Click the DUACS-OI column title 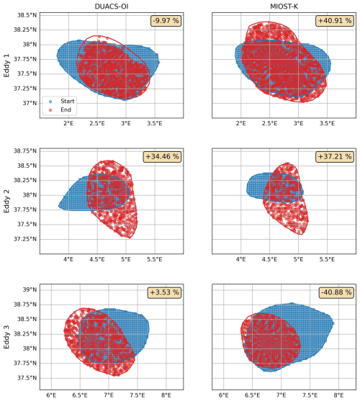point(112,6)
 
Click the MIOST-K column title point(284,6)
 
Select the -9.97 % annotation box point(166,21)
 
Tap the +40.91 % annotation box point(335,21)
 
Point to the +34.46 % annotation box point(162,156)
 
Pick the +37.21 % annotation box point(335,156)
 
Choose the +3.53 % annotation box point(164,292)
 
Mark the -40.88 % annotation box point(336,292)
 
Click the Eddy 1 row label point(6,66)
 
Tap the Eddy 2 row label point(6,201)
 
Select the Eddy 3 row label point(6,337)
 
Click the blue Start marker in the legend point(50,102)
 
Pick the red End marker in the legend point(50,110)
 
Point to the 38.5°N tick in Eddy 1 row point(27,15)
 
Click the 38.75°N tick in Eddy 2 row point(25,151)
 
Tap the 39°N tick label point(30,289)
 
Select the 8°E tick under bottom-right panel point(338,395)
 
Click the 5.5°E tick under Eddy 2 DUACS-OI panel point(154,259)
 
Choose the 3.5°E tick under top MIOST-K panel point(327,123)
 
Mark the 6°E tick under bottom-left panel point(51,395)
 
